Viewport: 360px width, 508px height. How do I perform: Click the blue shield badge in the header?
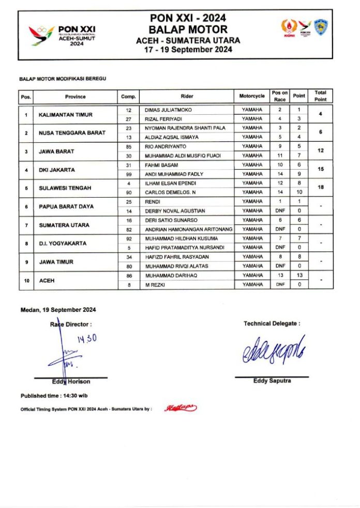click(321, 27)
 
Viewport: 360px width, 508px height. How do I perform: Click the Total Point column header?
click(321, 96)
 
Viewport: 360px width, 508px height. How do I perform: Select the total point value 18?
click(321, 187)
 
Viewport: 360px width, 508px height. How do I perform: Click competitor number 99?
click(129, 174)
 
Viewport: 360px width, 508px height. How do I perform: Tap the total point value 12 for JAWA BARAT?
click(321, 151)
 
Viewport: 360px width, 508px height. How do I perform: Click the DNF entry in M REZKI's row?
click(280, 285)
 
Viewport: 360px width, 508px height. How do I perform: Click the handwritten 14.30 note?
click(87, 339)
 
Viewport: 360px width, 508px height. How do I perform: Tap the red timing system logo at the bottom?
click(181, 409)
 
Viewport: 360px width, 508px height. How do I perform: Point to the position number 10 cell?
click(26, 280)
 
